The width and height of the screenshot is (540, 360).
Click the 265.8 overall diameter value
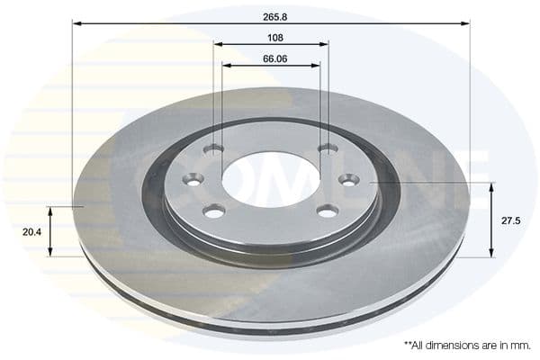[270, 14]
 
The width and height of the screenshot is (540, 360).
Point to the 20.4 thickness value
[31, 230]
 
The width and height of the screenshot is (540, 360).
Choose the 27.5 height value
[509, 219]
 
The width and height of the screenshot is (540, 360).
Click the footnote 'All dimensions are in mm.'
[462, 345]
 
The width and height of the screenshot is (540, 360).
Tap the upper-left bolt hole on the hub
[213, 148]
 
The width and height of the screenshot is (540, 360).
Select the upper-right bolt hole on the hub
[328, 148]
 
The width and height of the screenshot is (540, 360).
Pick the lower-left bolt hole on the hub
[213, 211]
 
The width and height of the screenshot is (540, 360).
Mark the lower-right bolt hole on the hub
[328, 211]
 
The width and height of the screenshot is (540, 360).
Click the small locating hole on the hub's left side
[190, 180]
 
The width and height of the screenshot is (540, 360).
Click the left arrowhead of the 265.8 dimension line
[76, 23]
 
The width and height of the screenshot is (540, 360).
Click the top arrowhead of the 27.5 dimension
[491, 186]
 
